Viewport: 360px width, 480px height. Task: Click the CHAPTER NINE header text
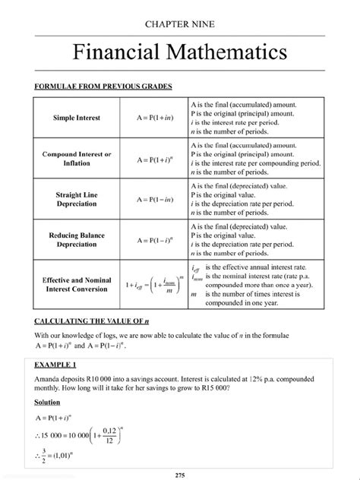click(x=179, y=24)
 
